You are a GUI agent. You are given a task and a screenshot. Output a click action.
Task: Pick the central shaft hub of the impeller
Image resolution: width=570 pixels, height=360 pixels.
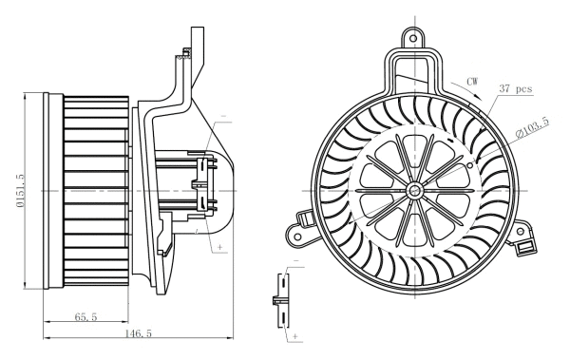coord(416,191)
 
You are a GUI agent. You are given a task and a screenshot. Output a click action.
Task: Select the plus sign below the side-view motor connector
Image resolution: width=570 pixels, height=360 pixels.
coord(221,246)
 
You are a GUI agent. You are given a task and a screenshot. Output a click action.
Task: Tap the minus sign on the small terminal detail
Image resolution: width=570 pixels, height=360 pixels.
coord(295,259)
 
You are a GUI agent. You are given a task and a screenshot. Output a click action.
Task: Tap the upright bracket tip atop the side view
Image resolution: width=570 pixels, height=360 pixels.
coord(197,33)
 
